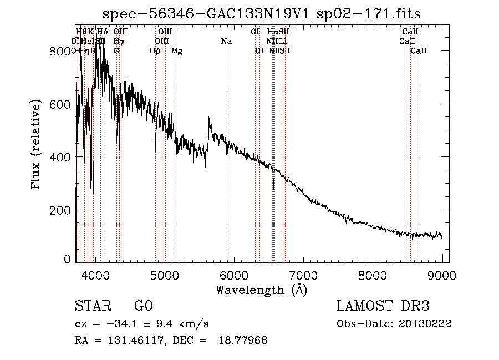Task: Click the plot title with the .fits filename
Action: pos(266,14)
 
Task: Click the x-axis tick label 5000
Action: pos(164,273)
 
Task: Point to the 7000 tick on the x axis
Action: pos(303,273)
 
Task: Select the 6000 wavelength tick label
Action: pos(233,273)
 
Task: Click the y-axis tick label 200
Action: pos(62,211)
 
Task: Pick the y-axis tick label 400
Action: pos(62,158)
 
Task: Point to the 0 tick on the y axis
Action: pos(67,259)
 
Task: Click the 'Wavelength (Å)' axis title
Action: pos(261,290)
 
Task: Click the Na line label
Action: pos(226,41)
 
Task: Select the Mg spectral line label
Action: pos(176,51)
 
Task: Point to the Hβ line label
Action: pos(155,51)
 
